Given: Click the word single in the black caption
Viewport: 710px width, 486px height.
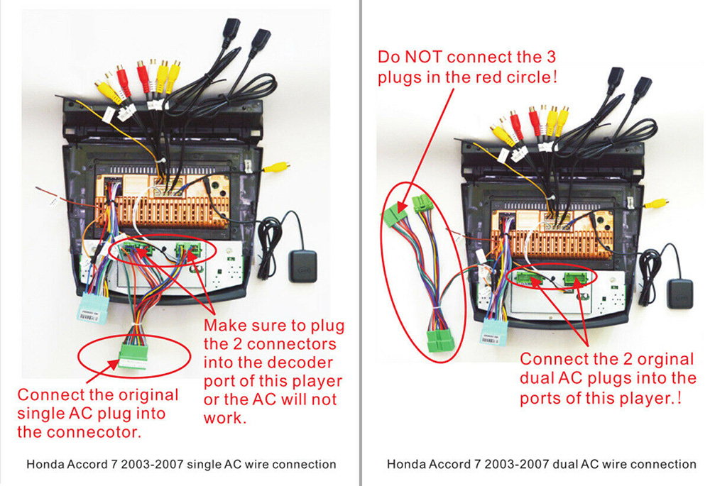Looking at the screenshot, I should click(202, 465).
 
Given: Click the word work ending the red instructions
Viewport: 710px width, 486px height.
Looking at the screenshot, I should click(224, 418).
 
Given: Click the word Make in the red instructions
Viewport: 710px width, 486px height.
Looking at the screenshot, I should click(223, 326).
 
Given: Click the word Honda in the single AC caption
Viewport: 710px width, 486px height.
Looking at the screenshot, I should click(44, 465).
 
